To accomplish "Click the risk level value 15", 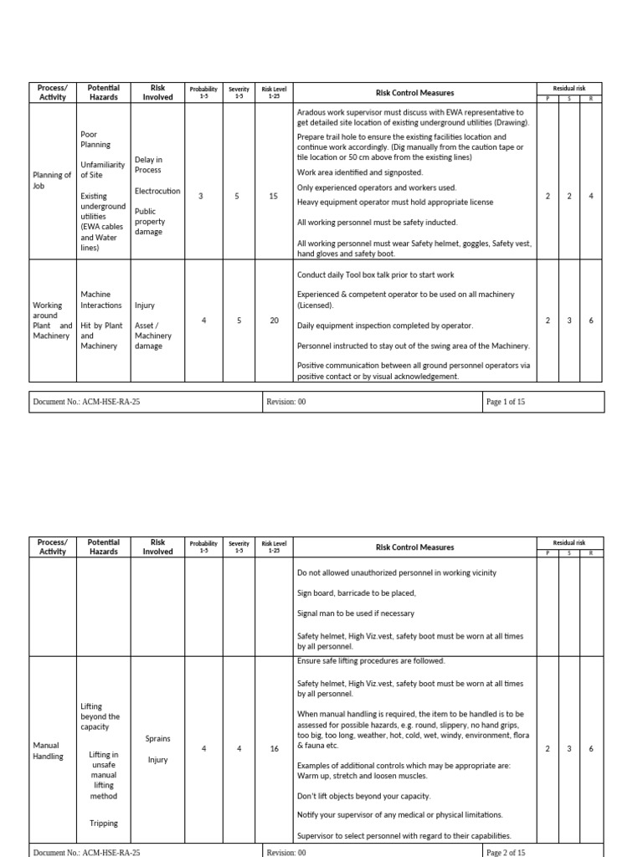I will pyautogui.click(x=274, y=196).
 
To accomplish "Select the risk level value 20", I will pyautogui.click(x=274, y=321).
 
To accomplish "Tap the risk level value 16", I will pyautogui.click(x=274, y=749).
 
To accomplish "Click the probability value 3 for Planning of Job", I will pyautogui.click(x=200, y=196).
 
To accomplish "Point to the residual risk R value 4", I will pyautogui.click(x=591, y=196).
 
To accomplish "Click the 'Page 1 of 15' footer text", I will pyautogui.click(x=506, y=403).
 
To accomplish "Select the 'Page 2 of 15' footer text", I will pyautogui.click(x=506, y=852).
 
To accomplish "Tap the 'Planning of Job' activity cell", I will pyautogui.click(x=52, y=180).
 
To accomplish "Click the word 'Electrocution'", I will pyautogui.click(x=157, y=191).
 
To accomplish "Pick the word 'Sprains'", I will pyautogui.click(x=157, y=739).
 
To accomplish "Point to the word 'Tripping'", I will pyautogui.click(x=104, y=824).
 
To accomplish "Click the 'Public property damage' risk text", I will pyautogui.click(x=151, y=222).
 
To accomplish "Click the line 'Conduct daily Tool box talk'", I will pyautogui.click(x=376, y=275).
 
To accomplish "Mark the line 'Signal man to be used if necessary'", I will pyautogui.click(x=356, y=613).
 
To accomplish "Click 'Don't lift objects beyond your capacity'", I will pyautogui.click(x=364, y=796).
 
